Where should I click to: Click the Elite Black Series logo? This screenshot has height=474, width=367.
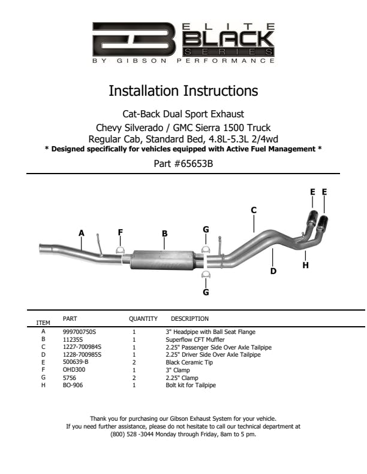[183, 43]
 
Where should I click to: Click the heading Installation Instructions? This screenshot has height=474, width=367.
[183, 92]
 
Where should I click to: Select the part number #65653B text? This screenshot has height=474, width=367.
[183, 162]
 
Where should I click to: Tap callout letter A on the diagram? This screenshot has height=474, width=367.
[82, 232]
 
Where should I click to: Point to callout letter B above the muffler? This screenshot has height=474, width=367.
[164, 233]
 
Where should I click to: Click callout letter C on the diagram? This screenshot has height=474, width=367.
[254, 210]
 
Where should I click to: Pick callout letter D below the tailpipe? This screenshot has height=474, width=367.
[273, 271]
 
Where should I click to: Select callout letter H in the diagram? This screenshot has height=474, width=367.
[305, 265]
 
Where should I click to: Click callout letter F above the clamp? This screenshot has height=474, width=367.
[120, 232]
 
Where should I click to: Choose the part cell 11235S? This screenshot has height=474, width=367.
[73, 339]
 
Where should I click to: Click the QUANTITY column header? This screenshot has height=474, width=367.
[143, 319]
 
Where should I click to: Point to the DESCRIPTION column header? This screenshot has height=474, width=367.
[189, 319]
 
